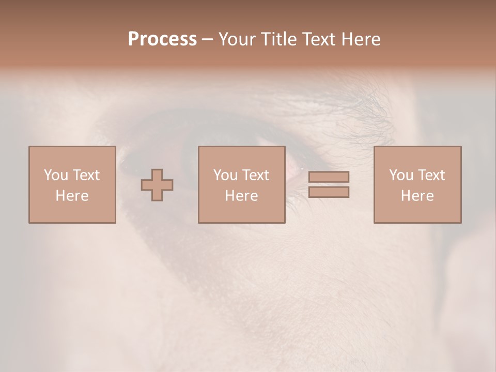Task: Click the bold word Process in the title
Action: tap(162, 39)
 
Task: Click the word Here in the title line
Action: tap(362, 39)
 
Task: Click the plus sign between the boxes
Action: tap(157, 185)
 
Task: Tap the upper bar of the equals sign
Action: tap(329, 177)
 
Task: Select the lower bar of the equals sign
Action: tap(329, 192)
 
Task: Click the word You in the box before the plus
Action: tap(56, 175)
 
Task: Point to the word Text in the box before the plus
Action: tap(86, 175)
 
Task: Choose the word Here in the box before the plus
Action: tap(72, 196)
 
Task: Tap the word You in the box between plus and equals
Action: tap(225, 175)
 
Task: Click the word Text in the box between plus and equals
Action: tap(255, 175)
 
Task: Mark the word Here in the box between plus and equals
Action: tap(241, 196)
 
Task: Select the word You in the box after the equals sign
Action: tap(401, 175)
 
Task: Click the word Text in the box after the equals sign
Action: tap(431, 175)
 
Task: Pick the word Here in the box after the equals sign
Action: tap(417, 196)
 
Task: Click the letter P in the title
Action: tap(133, 39)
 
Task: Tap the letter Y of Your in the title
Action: tap(223, 39)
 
